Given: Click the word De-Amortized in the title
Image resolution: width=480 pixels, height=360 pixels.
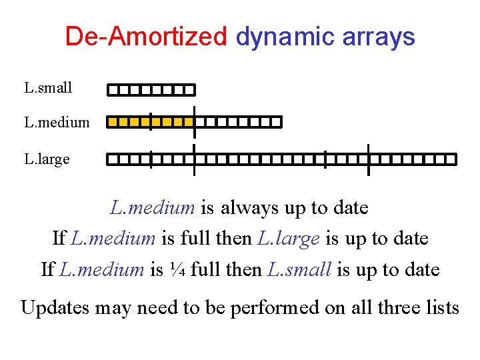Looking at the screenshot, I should pos(146,37).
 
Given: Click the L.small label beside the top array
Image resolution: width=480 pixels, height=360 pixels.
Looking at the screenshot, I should pos(48,87).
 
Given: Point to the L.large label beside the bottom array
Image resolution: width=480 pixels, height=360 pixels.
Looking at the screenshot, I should pos(47,159).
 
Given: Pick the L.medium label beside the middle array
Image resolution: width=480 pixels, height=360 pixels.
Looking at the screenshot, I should pos(57,123).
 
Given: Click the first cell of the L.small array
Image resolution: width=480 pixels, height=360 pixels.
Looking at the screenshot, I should pos(113,89).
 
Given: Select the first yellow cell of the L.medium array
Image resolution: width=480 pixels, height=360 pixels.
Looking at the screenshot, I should pos(113,122).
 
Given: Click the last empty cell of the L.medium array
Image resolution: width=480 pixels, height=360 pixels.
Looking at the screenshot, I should pos(276,122).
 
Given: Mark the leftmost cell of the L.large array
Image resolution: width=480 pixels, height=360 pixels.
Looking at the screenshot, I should pos(113,159).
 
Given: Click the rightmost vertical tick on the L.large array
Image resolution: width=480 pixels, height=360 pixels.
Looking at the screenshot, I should pos(368,159).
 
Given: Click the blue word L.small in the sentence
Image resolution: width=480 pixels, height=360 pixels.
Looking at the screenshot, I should pos(299,270).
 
